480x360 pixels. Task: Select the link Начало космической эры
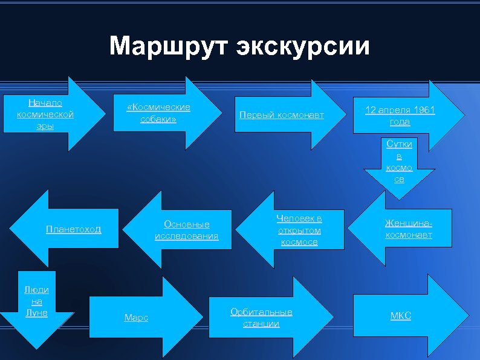pyautogui.click(x=45, y=114)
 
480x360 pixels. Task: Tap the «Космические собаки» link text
pyautogui.click(x=158, y=113)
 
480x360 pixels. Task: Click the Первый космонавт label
pyautogui.click(x=282, y=115)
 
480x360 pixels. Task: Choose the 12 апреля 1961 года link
pyautogui.click(x=400, y=116)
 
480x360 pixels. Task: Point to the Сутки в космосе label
pyautogui.click(x=399, y=162)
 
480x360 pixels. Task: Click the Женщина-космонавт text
pyautogui.click(x=409, y=229)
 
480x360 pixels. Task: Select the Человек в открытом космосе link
pyautogui.click(x=299, y=230)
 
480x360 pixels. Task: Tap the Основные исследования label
pyautogui.click(x=186, y=230)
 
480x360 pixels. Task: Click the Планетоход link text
pyautogui.click(x=74, y=229)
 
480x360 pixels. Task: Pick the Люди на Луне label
pyautogui.click(x=36, y=301)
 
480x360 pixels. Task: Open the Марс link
pyautogui.click(x=136, y=318)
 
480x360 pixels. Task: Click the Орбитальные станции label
pyautogui.click(x=261, y=318)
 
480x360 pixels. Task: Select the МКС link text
pyautogui.click(x=400, y=315)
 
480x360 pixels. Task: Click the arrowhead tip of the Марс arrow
pyautogui.click(x=201, y=316)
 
